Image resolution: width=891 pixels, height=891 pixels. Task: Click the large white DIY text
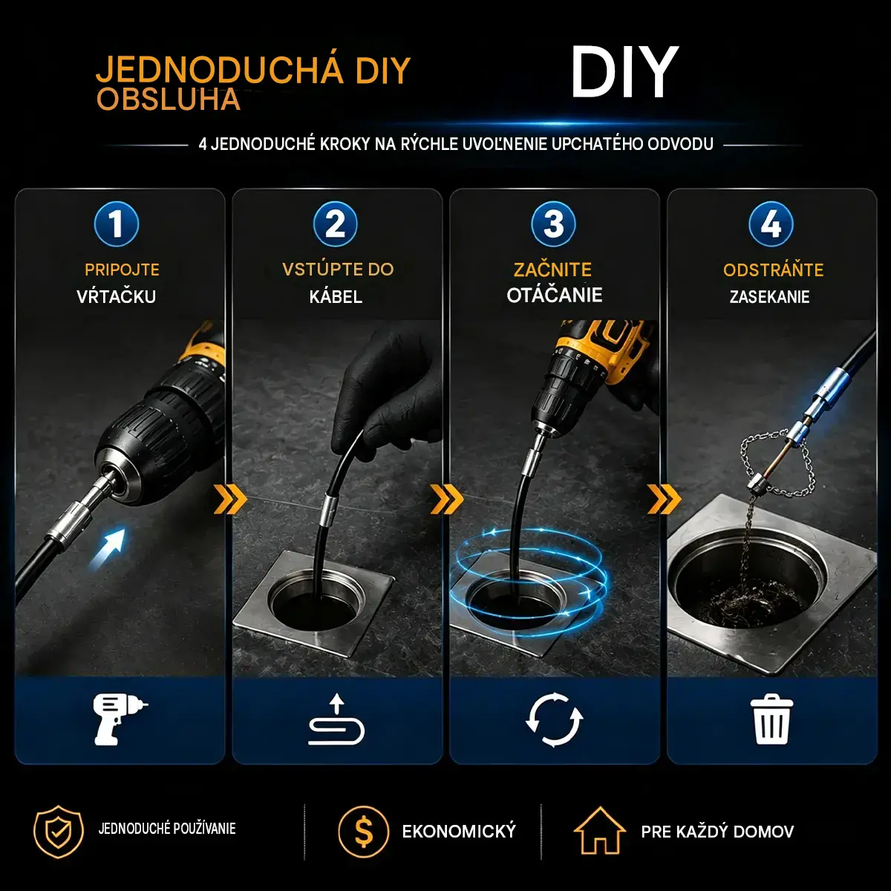coord(624,73)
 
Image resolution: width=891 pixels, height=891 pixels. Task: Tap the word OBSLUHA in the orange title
coord(169,99)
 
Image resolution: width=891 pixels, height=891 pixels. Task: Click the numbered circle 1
coord(116,223)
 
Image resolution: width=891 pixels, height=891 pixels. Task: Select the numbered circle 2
coord(335,223)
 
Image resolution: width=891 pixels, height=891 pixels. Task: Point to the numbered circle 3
coord(553,223)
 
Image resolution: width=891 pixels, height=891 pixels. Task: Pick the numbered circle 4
coord(771,223)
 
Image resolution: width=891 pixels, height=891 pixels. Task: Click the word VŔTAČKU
coord(116,296)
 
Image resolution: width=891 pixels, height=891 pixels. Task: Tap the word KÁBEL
coord(336,296)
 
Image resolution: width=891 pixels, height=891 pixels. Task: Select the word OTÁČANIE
coord(555,295)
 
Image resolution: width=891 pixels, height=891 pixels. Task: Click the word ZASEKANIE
coord(770,296)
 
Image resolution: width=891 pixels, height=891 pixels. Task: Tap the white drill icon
coord(120,719)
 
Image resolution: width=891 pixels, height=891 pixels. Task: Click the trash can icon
coord(771,719)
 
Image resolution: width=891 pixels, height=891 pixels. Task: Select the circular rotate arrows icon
coord(555,720)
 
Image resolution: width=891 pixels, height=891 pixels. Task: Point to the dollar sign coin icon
coord(363,832)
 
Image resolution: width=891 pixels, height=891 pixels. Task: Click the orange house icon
coord(600,831)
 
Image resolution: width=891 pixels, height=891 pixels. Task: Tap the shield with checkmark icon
coord(58,832)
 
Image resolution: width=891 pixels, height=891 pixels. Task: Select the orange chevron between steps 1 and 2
coord(230,500)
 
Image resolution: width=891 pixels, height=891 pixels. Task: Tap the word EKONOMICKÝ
coord(459,832)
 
